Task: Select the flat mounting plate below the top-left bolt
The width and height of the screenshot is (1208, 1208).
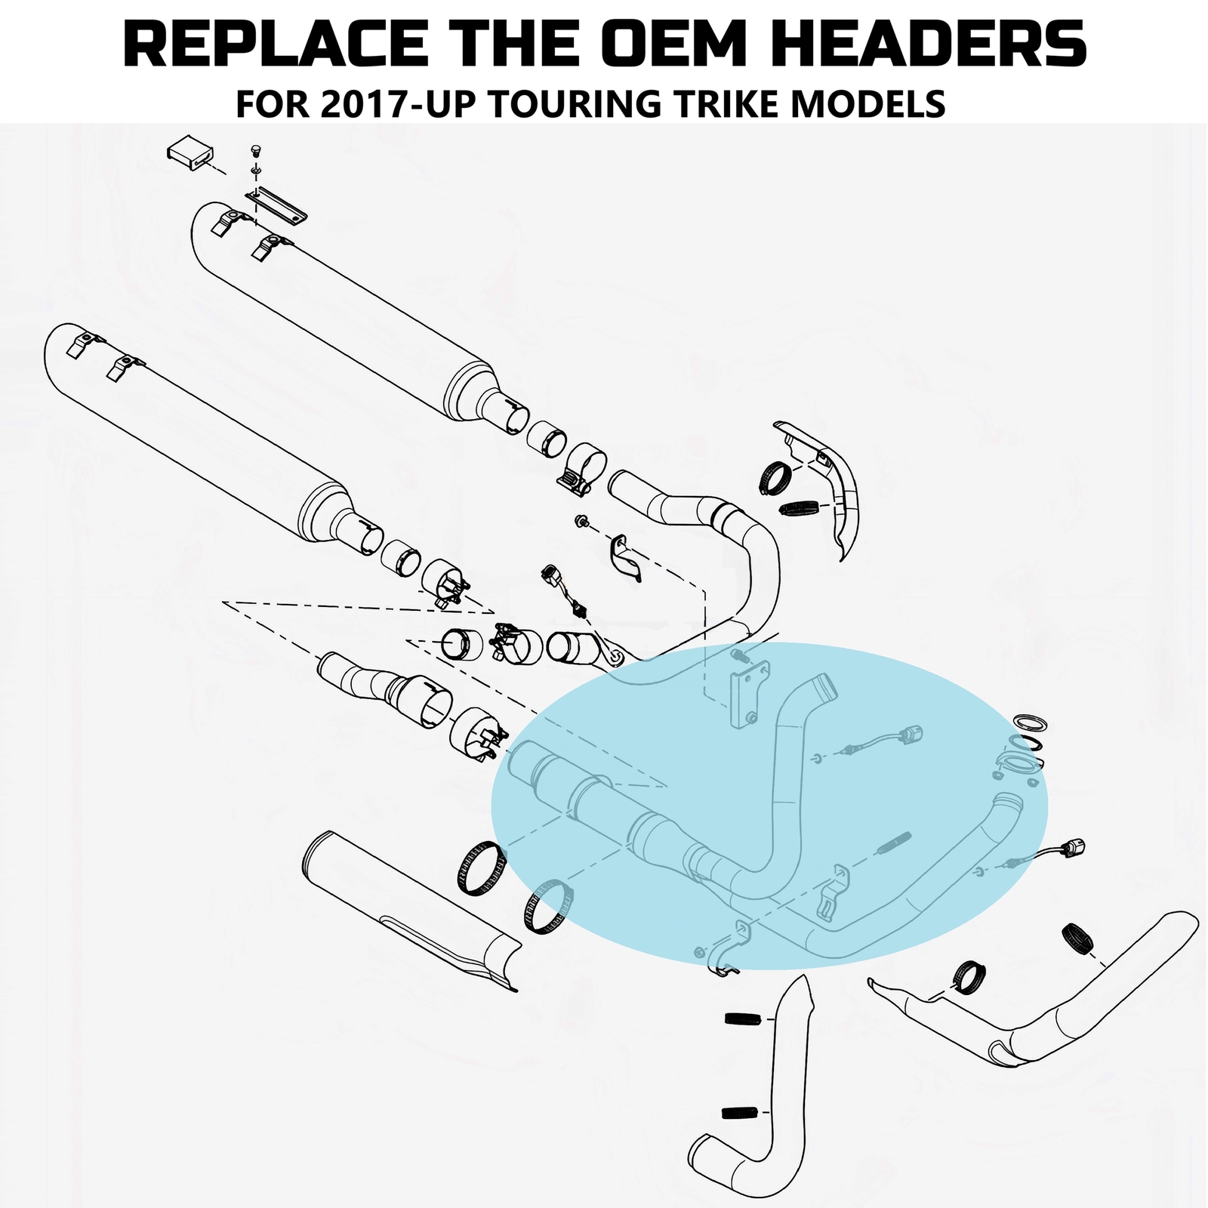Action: click(x=276, y=206)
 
